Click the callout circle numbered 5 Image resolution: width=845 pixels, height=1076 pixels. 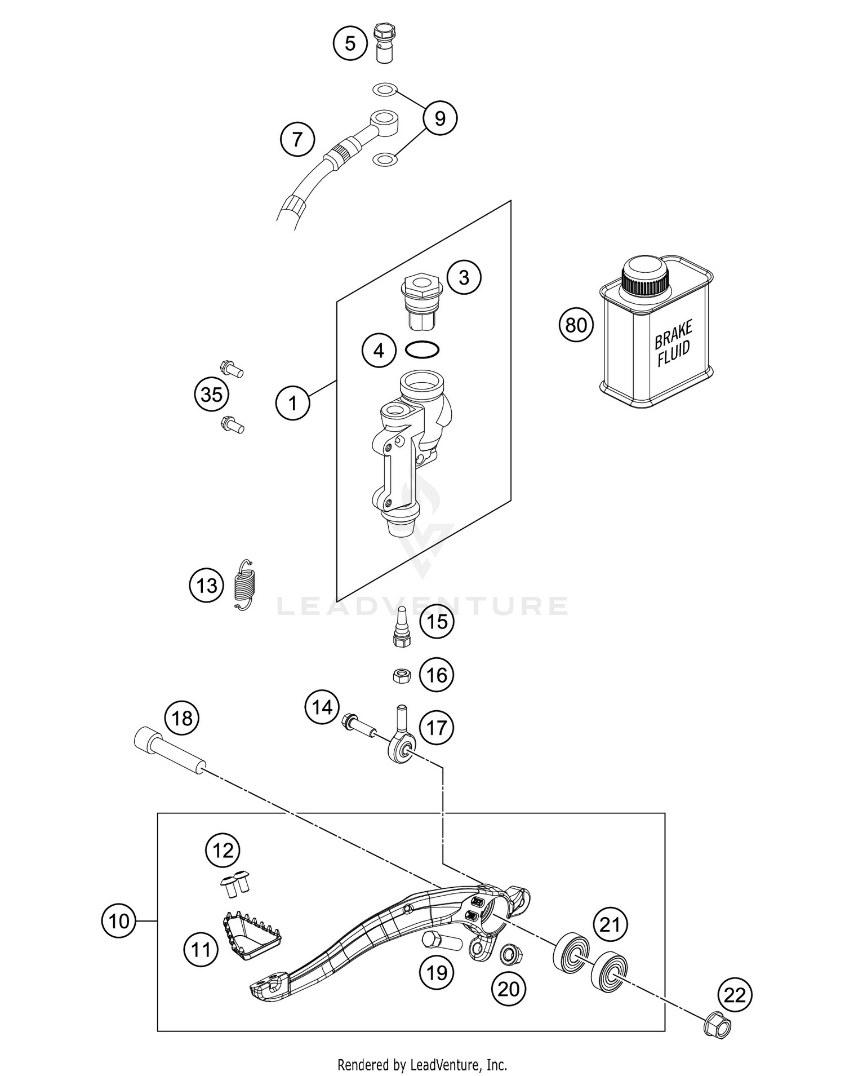(350, 43)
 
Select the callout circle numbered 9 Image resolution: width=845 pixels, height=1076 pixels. (440, 118)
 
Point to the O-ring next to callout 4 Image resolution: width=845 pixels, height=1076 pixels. (422, 350)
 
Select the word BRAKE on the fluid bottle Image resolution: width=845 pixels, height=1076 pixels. (673, 334)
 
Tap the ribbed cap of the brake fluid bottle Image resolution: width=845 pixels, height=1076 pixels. (645, 277)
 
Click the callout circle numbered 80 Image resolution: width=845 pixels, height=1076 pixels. (576, 325)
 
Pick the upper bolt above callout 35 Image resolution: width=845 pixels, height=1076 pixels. (232, 369)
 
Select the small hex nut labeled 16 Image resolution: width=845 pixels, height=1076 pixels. (401, 675)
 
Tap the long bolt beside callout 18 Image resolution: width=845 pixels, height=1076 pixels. (170, 752)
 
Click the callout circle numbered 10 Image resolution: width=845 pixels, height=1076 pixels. (119, 921)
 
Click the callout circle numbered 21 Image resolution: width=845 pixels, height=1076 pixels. (610, 924)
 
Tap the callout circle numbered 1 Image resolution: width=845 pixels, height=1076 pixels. (292, 403)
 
